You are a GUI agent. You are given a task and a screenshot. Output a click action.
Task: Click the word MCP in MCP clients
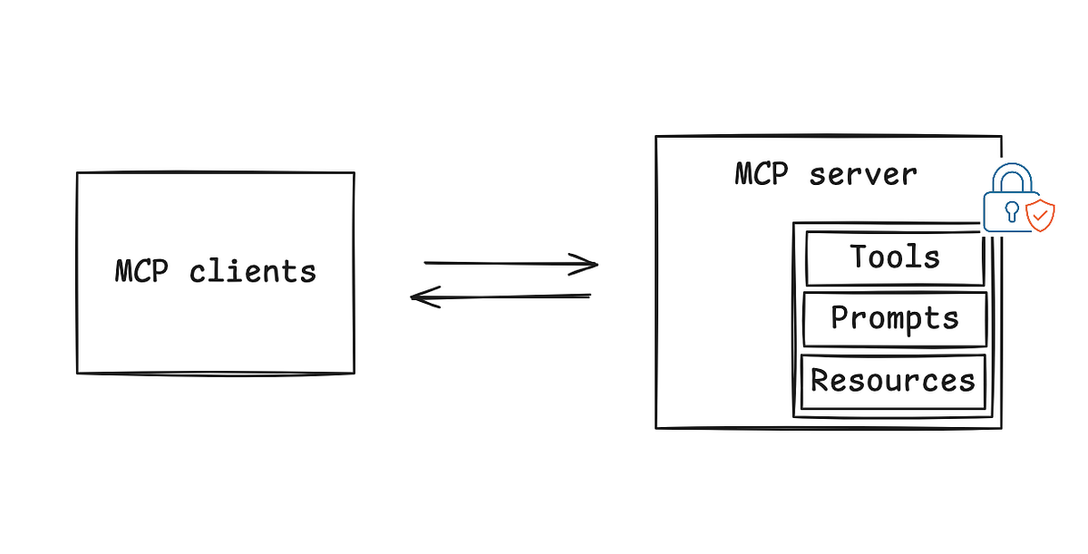point(143,271)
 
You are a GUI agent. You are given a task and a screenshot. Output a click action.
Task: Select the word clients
point(253,271)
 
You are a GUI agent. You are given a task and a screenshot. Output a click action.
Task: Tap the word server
point(863,173)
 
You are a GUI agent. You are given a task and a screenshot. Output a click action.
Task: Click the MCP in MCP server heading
point(762,173)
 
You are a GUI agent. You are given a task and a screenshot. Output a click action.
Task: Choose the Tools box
point(895,258)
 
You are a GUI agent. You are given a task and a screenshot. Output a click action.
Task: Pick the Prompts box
point(895,319)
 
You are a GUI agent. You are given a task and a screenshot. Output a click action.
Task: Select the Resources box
point(893,381)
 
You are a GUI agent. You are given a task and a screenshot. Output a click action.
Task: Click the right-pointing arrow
point(510,264)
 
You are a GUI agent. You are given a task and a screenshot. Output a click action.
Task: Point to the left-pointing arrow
point(501,296)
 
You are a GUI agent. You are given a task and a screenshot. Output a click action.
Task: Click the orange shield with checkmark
point(1040,216)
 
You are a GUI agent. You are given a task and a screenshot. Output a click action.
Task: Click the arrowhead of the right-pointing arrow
point(589,264)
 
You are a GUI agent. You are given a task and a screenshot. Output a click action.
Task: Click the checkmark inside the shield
point(1041,216)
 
